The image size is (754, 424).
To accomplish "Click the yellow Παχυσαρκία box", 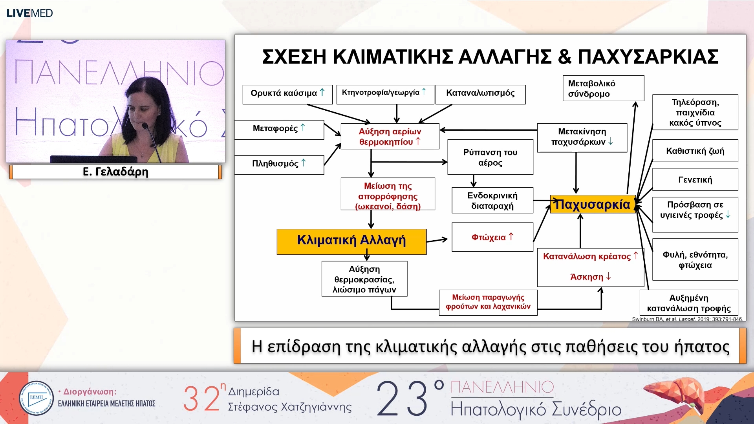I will pos(592,204).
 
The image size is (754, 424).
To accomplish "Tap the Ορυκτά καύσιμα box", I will pos(287,94).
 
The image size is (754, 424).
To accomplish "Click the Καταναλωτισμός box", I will pos(480,94).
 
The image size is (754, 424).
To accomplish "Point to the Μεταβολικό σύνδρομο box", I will pos(603,88).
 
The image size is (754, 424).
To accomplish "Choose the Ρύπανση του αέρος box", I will pos(490,157).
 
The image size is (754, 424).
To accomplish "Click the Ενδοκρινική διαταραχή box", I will pos(492,200).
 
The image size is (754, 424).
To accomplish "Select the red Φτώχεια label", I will pos(489,237).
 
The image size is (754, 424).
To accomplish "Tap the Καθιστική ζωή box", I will pos(695,151).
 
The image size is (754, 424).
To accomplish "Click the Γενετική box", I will pos(695,179).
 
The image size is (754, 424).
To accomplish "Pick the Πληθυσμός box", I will pos(279,164).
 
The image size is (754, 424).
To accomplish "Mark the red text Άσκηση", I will pos(587,277).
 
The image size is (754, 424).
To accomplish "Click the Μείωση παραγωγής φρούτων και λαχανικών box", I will pos(488,302).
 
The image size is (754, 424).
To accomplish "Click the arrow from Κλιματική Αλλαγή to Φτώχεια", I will pos(437,240).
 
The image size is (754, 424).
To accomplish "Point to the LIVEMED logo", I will pos(29,13).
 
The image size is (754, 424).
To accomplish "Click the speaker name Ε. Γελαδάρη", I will pos(115,172).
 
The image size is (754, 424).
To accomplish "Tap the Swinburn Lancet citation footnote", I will pos(687,319).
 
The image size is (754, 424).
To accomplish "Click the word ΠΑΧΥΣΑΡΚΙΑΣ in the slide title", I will pos(648,57).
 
